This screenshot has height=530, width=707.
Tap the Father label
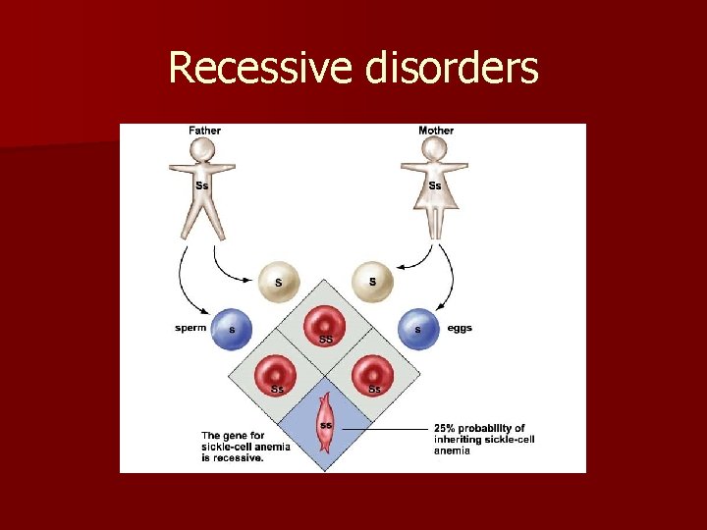click(x=204, y=131)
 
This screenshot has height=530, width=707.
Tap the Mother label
click(x=436, y=131)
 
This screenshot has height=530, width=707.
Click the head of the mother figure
click(x=435, y=151)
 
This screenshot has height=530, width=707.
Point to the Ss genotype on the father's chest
click(x=202, y=185)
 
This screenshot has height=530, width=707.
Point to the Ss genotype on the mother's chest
click(x=435, y=185)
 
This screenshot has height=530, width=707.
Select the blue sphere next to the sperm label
click(x=232, y=330)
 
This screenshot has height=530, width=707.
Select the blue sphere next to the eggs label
click(x=419, y=330)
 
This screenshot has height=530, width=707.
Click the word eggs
click(x=460, y=328)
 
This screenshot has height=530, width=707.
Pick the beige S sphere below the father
click(x=279, y=283)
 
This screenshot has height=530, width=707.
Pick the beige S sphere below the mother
click(x=372, y=283)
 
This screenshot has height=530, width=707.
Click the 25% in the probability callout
click(x=447, y=428)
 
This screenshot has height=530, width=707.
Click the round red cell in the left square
click(x=278, y=374)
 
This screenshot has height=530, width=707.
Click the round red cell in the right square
click(x=373, y=374)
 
